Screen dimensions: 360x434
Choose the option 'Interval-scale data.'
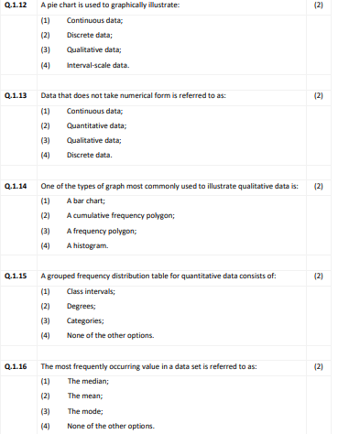click(98, 65)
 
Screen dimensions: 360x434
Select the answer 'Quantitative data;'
click(96, 125)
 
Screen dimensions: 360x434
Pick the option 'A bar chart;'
click(88, 200)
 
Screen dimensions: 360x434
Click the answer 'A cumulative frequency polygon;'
click(121, 215)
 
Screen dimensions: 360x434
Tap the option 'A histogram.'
click(88, 245)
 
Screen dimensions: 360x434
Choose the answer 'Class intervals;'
click(91, 290)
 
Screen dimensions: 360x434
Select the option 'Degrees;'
click(82, 306)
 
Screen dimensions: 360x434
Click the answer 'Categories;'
click(86, 320)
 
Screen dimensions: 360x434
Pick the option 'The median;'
click(88, 380)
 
